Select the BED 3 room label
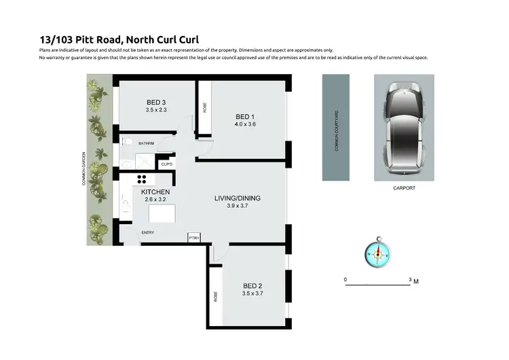[x=156, y=103]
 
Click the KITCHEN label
[x=155, y=192]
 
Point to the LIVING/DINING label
[x=238, y=198]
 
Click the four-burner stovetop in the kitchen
[x=143, y=179]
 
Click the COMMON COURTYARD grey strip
[x=335, y=127]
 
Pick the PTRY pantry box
[x=194, y=237]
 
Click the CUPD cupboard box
[x=167, y=164]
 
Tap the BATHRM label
[x=147, y=143]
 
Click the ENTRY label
[x=147, y=233]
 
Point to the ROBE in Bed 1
[x=204, y=107]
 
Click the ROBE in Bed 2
[x=216, y=297]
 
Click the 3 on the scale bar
[x=409, y=280]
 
